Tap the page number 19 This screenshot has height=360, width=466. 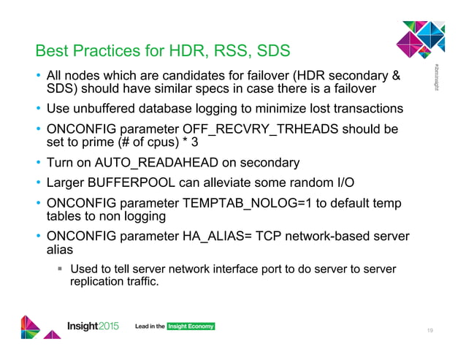pos(432,331)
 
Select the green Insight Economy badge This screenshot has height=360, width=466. pos(191,326)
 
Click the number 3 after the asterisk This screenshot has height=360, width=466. pos(194,142)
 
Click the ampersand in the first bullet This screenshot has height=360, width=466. pos(396,75)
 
